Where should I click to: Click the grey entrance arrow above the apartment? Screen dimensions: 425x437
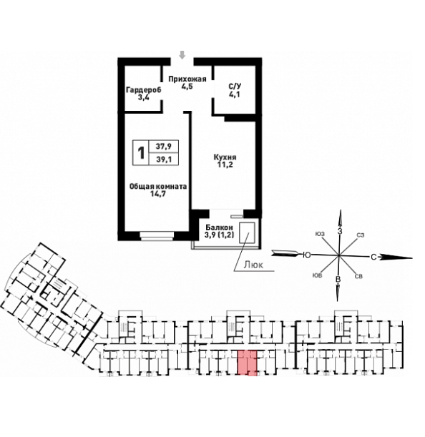click(182, 55)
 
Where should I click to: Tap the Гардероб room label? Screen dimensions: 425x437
click(144, 90)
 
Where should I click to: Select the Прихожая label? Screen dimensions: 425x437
click(187, 79)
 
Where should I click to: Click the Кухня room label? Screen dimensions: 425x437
click(225, 157)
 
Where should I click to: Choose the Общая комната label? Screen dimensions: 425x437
click(158, 186)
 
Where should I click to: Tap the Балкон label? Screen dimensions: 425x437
click(219, 227)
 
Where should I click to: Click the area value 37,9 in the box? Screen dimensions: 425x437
click(164, 146)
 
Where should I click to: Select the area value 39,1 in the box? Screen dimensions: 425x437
click(164, 159)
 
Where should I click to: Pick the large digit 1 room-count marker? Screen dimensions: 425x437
click(142, 153)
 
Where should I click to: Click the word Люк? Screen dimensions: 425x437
click(253, 265)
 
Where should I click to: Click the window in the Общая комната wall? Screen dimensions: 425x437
click(157, 236)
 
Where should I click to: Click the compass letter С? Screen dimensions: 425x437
click(373, 257)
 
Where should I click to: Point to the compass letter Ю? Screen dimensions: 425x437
click(307, 255)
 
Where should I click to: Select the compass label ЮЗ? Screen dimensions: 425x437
click(320, 234)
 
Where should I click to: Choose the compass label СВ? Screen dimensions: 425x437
click(358, 277)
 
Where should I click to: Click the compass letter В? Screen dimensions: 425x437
click(338, 279)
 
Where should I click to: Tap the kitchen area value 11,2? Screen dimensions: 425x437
click(225, 165)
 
